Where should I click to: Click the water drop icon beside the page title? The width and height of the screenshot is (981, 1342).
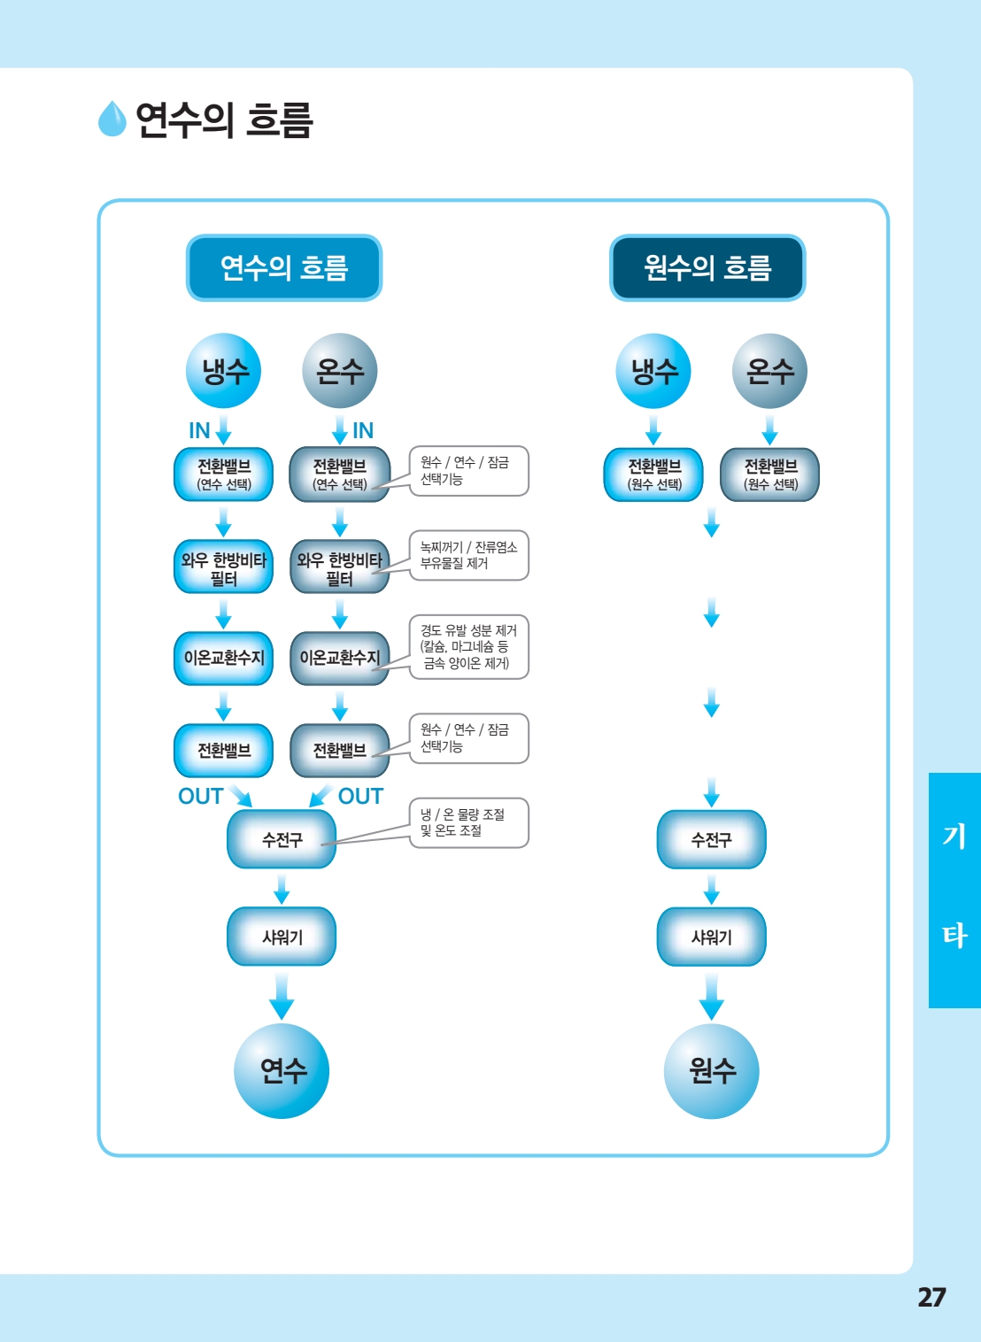(112, 119)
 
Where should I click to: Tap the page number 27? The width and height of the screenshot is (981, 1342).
(931, 1297)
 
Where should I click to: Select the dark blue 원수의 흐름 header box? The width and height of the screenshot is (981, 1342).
(707, 268)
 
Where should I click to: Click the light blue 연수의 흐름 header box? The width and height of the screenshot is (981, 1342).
(284, 268)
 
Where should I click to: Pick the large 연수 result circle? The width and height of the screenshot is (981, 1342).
(282, 1070)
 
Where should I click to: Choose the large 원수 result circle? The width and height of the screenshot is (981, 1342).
(711, 1070)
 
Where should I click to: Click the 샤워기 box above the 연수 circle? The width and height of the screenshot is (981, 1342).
(282, 937)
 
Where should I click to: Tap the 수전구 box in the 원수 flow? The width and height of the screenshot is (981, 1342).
(711, 839)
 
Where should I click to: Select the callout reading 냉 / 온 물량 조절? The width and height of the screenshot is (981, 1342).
(469, 822)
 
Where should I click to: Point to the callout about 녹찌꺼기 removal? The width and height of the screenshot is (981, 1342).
(469, 555)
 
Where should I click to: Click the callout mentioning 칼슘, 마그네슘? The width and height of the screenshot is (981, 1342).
(469, 647)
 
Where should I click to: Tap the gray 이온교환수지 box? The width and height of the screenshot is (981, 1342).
(340, 658)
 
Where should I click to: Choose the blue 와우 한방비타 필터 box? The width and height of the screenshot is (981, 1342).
(223, 567)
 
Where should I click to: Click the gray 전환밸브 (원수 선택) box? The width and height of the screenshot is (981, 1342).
(770, 474)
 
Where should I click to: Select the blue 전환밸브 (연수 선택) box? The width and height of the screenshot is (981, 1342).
(223, 474)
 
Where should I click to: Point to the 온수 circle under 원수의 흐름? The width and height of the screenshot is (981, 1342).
(770, 371)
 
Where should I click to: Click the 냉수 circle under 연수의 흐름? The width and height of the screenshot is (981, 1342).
(223, 371)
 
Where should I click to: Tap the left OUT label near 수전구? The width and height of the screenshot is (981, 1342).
(201, 796)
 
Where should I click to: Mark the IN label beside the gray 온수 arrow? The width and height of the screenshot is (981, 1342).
(363, 430)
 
